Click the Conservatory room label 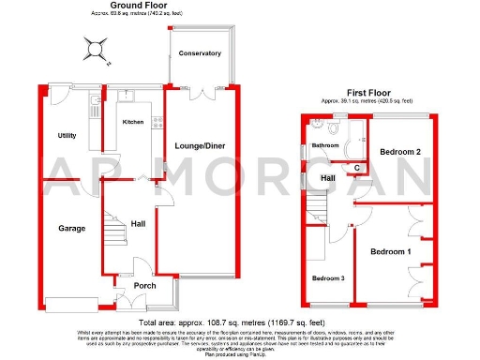[x=200, y=53]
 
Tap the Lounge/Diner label [x=198, y=144]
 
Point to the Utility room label [x=65, y=136]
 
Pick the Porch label [x=143, y=286]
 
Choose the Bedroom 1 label [x=390, y=252]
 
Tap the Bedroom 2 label [x=399, y=151]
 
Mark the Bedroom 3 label [x=328, y=278]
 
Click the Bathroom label [x=325, y=146]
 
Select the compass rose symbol [x=95, y=47]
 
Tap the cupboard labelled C [x=357, y=168]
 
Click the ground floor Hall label [x=137, y=223]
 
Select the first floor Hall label [x=328, y=178]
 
